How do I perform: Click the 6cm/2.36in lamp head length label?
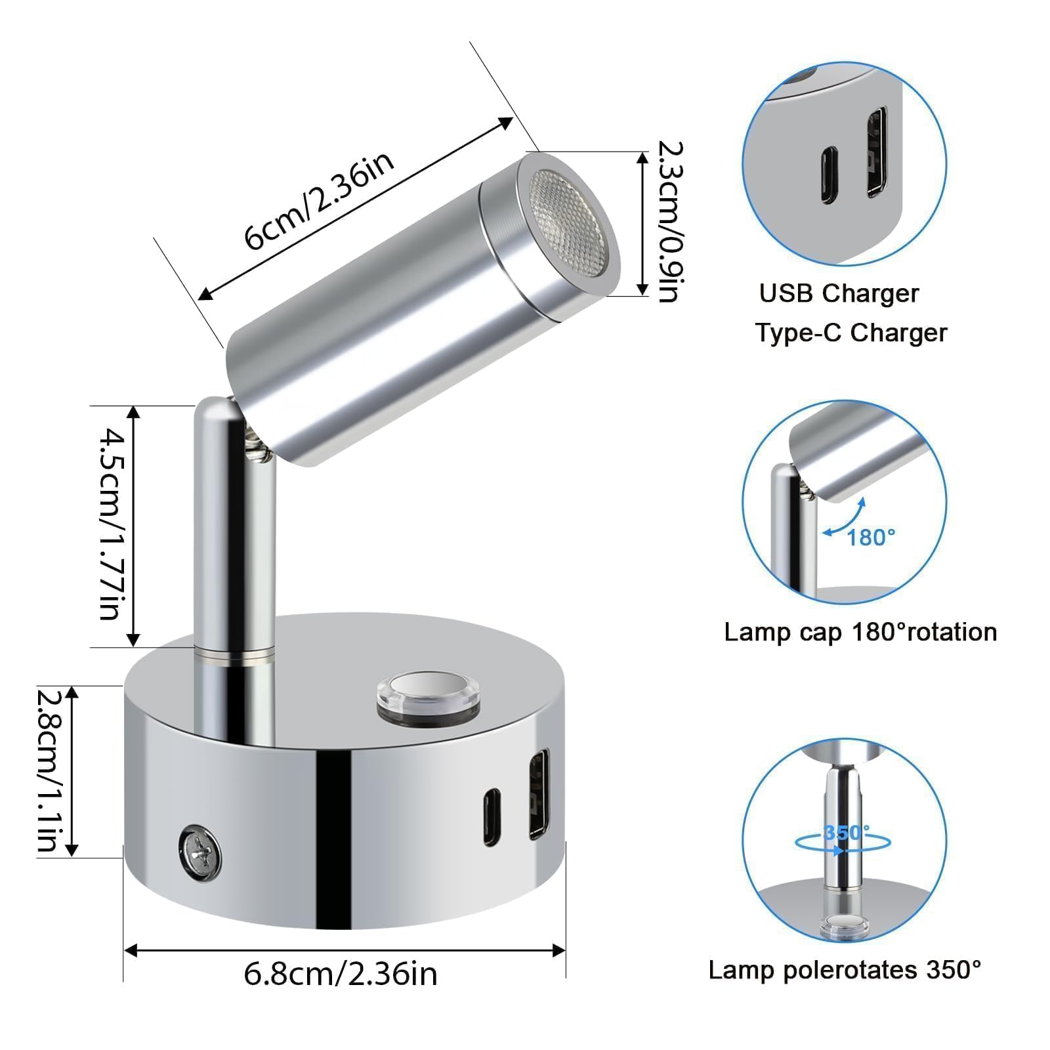(x=320, y=201)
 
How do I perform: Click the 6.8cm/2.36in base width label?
(x=341, y=973)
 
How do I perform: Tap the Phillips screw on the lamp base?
(x=199, y=851)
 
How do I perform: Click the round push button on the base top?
(x=427, y=698)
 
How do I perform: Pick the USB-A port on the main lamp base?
(x=539, y=794)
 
